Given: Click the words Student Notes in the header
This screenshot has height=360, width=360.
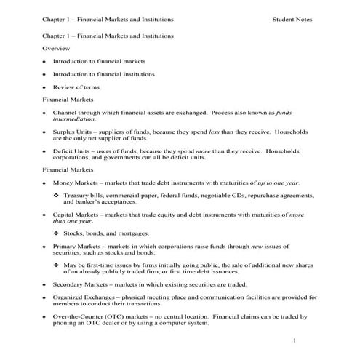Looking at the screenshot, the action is coord(292,20).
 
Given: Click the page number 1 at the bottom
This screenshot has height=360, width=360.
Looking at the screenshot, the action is coord(295,340).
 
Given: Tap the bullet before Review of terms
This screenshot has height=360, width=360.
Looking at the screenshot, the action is coord(45,87).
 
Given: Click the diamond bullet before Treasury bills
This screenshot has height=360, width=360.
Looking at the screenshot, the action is coord(57,196).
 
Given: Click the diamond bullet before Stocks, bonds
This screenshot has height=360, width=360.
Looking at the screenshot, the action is coord(57,233).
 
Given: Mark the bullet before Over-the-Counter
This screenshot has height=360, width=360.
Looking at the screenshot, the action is coord(45,317).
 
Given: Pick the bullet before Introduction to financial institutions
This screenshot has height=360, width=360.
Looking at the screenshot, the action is coord(45,73).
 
